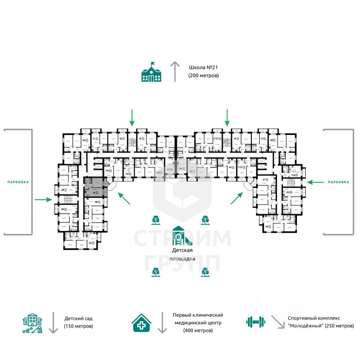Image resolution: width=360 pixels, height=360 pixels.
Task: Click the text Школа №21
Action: pos(203,68)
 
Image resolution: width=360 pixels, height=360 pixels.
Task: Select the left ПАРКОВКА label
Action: pos(18,182)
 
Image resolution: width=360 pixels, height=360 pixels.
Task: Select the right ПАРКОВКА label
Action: pos(338,182)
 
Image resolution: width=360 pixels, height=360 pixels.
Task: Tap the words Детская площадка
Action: pos(183,254)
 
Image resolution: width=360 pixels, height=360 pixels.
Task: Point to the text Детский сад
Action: pos(78,318)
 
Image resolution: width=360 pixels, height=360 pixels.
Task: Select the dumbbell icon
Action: pos(256,321)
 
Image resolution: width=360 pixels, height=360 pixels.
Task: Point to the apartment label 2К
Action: pos(267,226)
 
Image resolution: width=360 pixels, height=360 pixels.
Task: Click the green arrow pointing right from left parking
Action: pos(43,199)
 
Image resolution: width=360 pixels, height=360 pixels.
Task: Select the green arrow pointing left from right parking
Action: pos(315,182)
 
